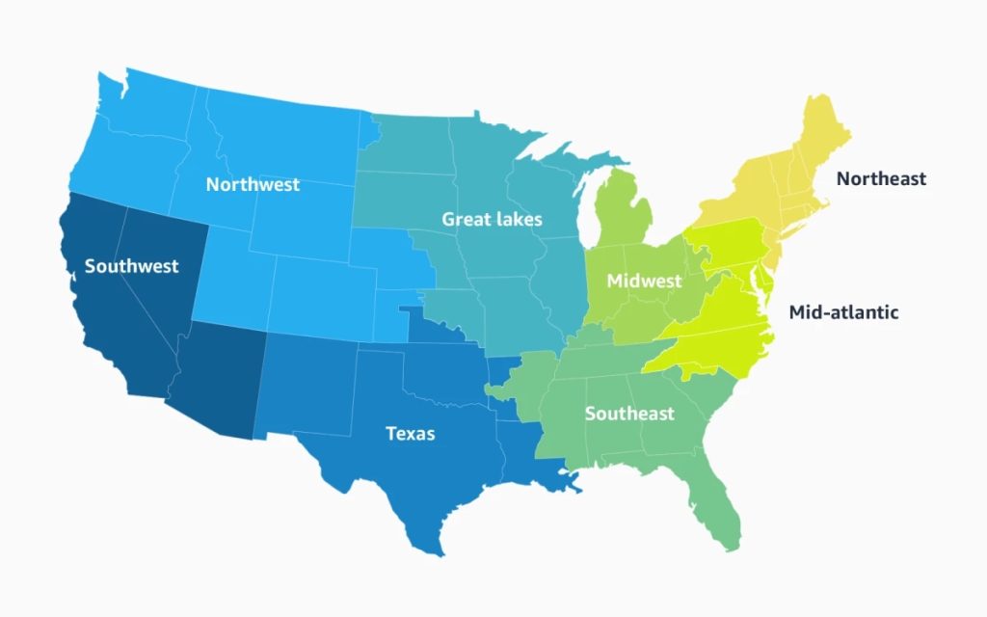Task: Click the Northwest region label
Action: (253, 184)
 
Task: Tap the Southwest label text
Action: (131, 266)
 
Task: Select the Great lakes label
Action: (492, 219)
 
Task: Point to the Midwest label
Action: (644, 282)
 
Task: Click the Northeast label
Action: (881, 178)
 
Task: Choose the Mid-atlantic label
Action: (843, 312)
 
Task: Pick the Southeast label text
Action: (629, 414)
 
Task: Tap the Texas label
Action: (410, 434)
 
